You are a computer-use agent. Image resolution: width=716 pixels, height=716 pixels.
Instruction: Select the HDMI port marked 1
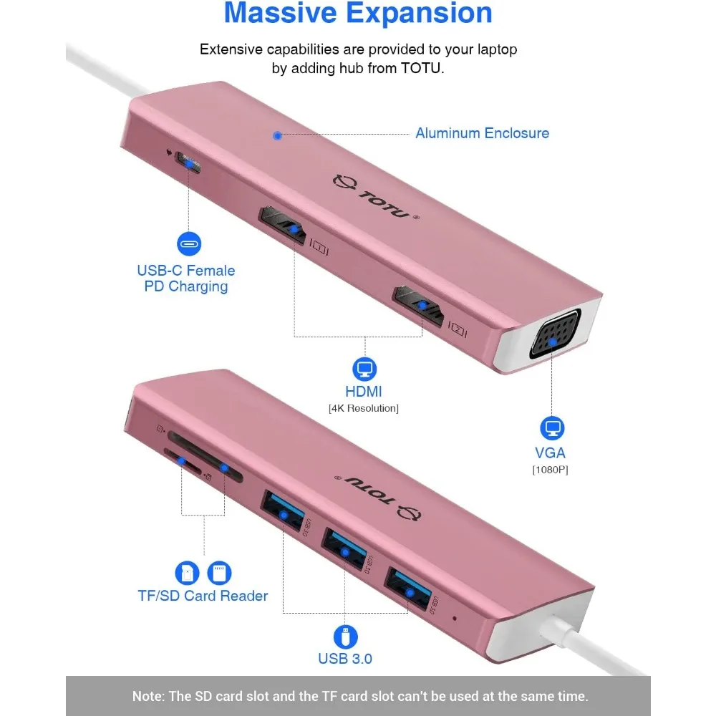[x=285, y=228]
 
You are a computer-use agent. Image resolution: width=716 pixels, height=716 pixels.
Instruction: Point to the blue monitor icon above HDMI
[x=364, y=369]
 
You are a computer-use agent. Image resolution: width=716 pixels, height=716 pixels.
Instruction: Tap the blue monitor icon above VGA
[x=552, y=429]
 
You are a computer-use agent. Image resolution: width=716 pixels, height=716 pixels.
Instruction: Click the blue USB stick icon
[x=345, y=637]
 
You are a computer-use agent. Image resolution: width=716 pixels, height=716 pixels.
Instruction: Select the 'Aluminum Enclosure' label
[x=482, y=133]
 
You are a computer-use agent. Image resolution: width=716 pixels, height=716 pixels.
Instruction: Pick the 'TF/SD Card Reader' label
[x=203, y=596]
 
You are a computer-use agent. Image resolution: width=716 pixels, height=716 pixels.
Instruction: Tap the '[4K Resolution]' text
[x=364, y=408]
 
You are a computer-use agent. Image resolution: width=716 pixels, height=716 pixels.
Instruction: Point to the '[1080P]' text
[x=550, y=470]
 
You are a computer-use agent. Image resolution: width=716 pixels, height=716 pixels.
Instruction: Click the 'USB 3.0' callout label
[x=345, y=659]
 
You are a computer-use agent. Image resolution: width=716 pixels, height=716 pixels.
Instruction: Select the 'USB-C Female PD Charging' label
[x=185, y=279]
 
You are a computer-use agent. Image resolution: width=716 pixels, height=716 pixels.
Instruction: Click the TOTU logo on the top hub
[x=375, y=198]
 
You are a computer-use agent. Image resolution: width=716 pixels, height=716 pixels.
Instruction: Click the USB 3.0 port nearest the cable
[x=409, y=591]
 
